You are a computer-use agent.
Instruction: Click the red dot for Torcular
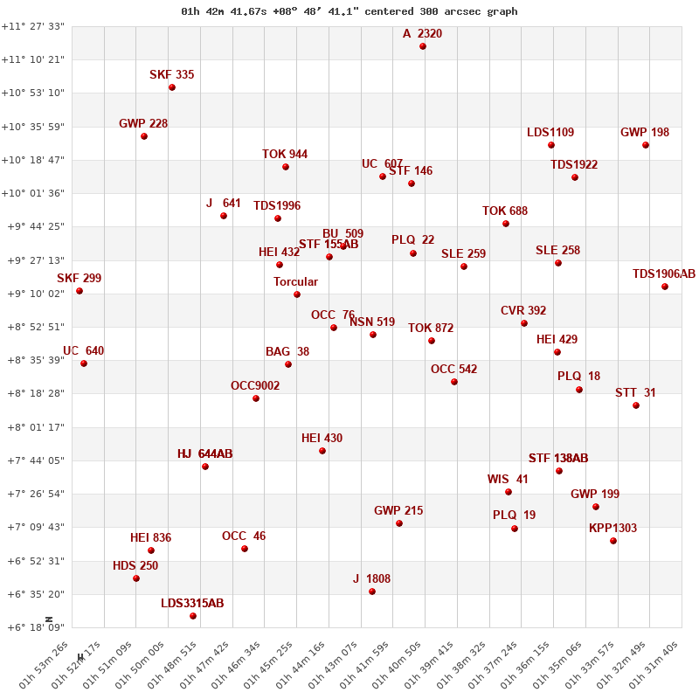tap(297, 294)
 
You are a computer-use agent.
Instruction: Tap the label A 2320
tap(422, 34)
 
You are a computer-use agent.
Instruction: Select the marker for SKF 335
tap(172, 87)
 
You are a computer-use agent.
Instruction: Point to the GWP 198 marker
tap(646, 145)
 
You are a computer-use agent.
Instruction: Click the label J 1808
tap(371, 578)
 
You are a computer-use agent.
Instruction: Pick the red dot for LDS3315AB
tap(193, 616)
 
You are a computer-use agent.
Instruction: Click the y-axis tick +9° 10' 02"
tap(33, 294)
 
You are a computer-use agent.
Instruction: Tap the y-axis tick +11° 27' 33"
tap(33, 27)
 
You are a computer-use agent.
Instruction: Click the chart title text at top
tap(349, 11)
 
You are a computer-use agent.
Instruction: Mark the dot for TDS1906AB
tap(665, 287)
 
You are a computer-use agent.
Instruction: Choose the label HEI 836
tap(150, 537)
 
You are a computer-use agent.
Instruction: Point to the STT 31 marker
tap(636, 405)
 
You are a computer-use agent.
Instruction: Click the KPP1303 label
tap(612, 528)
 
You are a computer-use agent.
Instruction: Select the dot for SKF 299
tap(80, 291)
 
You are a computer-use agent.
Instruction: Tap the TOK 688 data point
tap(506, 224)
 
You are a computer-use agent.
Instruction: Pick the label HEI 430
tap(322, 438)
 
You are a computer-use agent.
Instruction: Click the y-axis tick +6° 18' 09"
tap(33, 627)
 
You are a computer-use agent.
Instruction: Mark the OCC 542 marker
tap(454, 382)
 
